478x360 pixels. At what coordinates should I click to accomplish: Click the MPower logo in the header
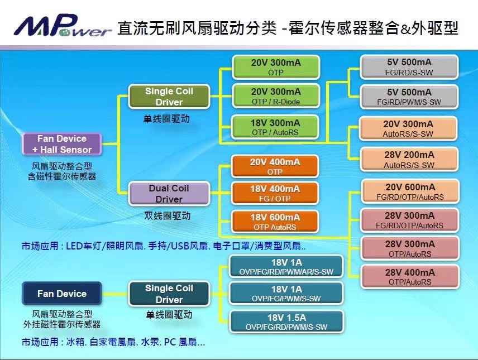point(63,27)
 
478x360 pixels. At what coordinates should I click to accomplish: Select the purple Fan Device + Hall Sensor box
point(62,143)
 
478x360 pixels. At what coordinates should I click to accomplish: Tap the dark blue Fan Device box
point(62,294)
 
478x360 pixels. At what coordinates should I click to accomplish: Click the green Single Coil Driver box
point(169,97)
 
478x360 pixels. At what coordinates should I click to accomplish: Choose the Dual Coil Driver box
point(169,194)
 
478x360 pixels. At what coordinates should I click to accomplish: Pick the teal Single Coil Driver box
point(169,294)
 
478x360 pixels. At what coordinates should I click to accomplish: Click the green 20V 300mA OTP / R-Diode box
point(275,96)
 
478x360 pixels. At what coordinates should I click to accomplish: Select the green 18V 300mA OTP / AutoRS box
point(275,127)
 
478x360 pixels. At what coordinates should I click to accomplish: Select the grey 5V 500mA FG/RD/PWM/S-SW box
point(409,97)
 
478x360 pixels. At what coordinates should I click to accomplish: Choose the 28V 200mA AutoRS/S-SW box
point(409,160)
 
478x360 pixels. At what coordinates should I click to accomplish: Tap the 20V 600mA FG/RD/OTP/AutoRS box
point(410,191)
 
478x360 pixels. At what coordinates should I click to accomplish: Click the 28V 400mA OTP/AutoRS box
point(410,277)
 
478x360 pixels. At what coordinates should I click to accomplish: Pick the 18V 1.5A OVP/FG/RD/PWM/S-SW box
point(286,322)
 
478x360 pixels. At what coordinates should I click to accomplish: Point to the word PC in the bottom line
point(169,342)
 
